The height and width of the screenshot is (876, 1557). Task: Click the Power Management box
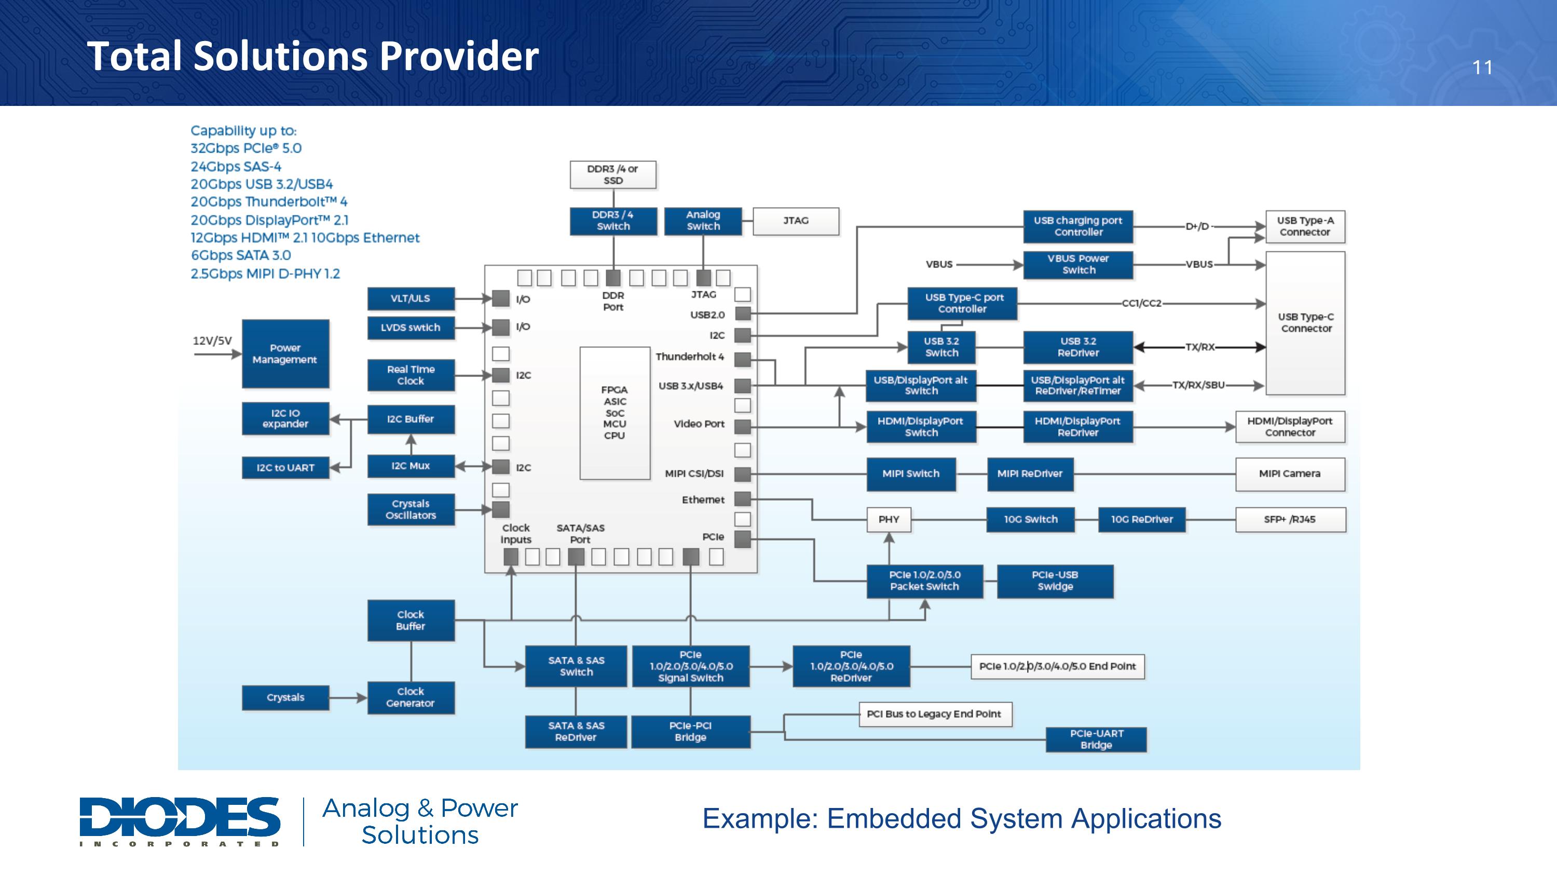[285, 354]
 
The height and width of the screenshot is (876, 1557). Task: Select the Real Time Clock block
[411, 375]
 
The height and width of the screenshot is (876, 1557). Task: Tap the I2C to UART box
[285, 467]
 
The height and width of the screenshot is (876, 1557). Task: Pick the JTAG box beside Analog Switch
[796, 221]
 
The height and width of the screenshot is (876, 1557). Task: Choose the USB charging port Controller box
[1078, 226]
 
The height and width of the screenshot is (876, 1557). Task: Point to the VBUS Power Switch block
[1078, 264]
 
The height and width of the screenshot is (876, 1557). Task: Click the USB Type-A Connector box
[1306, 226]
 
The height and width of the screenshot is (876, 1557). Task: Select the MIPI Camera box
[1290, 474]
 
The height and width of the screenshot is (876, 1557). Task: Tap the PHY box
[889, 519]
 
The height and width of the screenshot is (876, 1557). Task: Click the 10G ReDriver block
[1142, 519]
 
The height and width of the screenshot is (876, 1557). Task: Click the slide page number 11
[1482, 67]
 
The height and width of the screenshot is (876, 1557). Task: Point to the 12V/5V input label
[212, 340]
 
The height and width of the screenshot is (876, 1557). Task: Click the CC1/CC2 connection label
[1142, 303]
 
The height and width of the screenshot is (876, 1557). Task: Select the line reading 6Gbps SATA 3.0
[241, 255]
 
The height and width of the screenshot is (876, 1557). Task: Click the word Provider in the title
[459, 56]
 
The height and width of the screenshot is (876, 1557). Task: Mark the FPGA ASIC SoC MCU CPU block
[614, 413]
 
